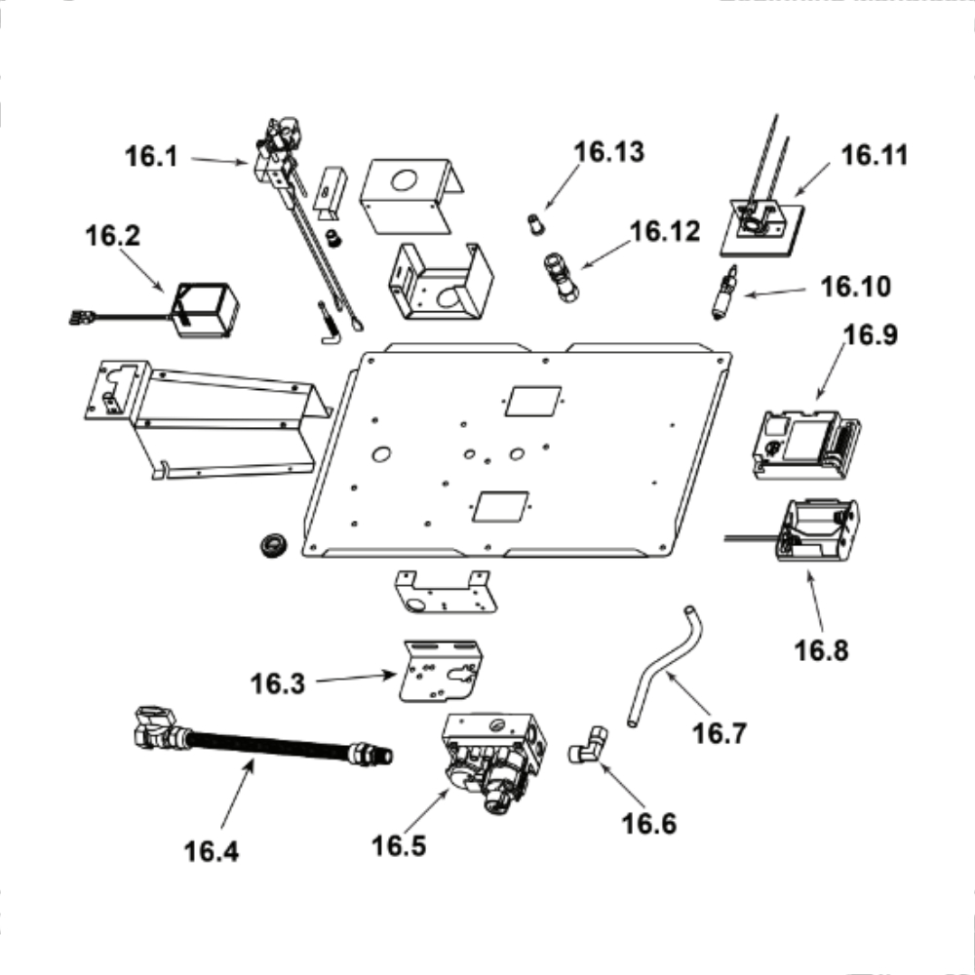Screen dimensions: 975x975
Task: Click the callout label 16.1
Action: click(151, 155)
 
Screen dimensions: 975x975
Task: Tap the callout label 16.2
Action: click(112, 237)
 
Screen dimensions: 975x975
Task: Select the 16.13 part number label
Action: click(609, 152)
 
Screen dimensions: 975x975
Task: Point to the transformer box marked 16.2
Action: click(205, 310)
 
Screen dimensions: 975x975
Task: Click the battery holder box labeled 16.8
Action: click(817, 533)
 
